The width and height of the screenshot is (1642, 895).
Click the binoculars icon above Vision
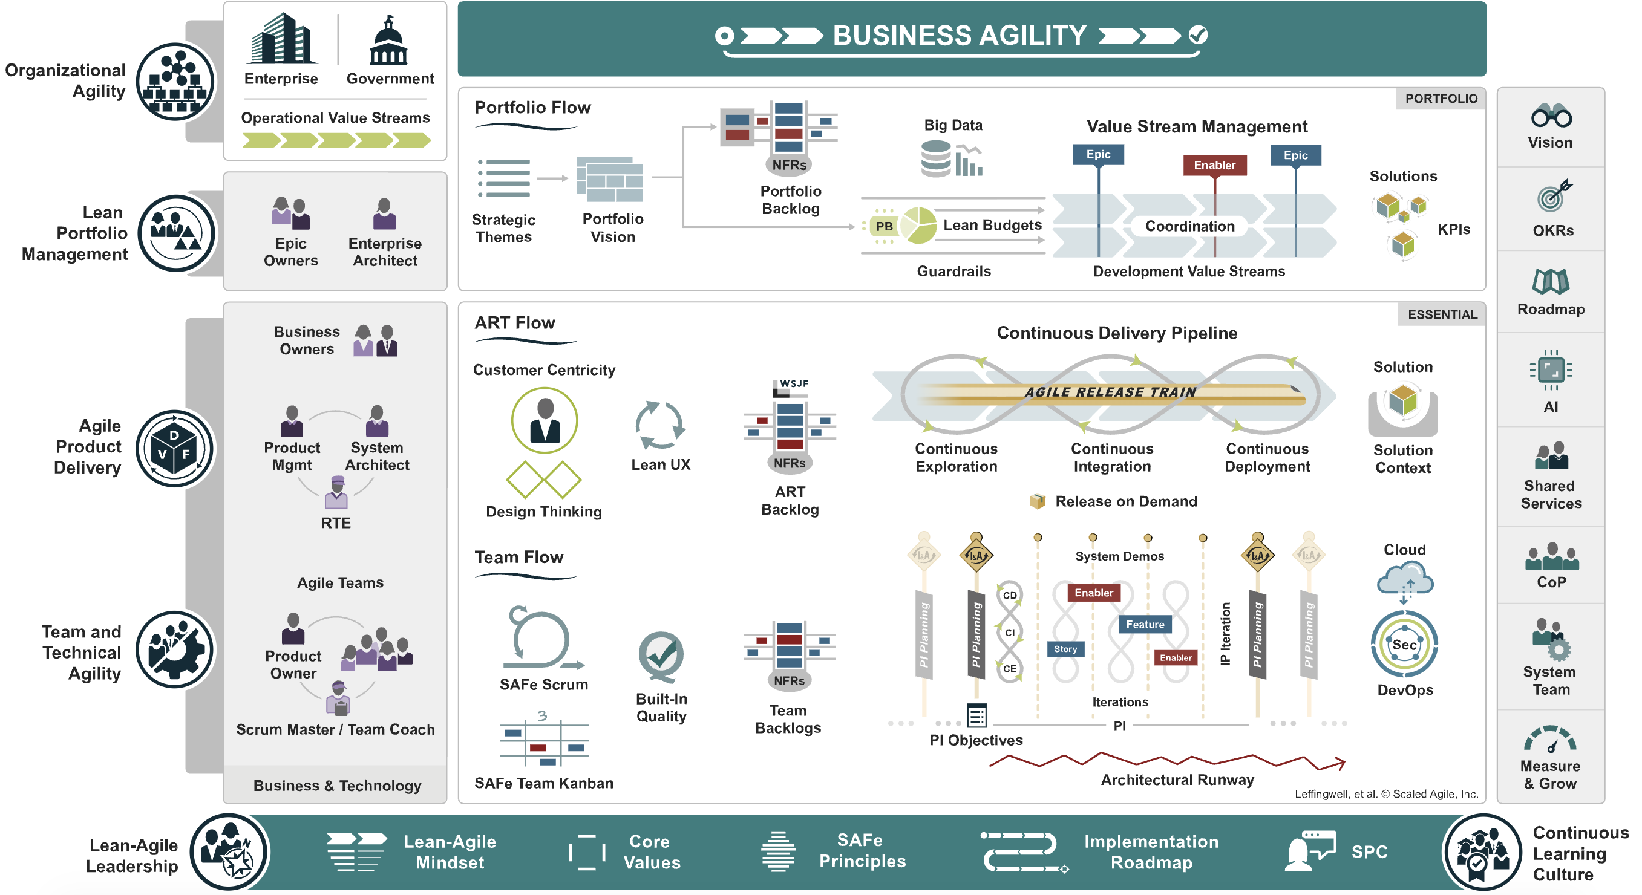[x=1551, y=116]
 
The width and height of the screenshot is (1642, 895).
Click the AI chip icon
[x=1550, y=369]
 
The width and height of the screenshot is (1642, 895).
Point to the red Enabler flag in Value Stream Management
[x=1214, y=165]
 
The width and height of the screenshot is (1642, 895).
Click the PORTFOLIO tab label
[x=1441, y=99]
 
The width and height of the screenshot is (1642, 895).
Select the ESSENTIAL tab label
[x=1442, y=314]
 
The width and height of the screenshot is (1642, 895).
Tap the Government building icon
[x=388, y=41]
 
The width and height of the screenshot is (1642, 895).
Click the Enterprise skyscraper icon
[x=281, y=39]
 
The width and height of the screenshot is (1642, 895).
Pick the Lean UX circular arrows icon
[x=659, y=425]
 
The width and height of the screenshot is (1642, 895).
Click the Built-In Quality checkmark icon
[x=661, y=655]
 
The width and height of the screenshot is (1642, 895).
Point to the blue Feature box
[x=1144, y=624]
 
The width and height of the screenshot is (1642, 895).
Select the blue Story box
[x=1065, y=649]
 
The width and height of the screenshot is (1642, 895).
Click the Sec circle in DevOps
[x=1404, y=645]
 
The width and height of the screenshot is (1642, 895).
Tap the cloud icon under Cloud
[x=1405, y=578]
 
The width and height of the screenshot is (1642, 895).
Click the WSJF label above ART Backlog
[x=794, y=383]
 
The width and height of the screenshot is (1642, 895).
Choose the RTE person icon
[x=336, y=492]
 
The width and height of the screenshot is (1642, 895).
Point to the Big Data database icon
[x=937, y=159]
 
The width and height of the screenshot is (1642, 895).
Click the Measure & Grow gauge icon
[x=1549, y=740]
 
